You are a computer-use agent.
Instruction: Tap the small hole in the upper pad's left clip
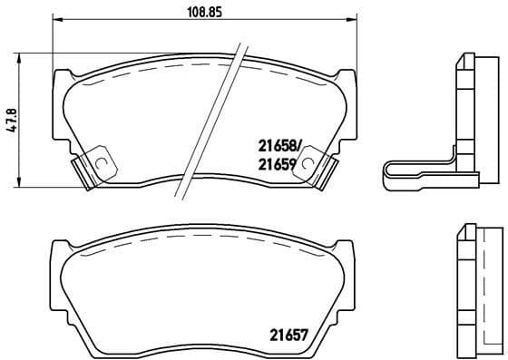point(102,164)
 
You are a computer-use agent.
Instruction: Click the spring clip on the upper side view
point(417,174)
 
